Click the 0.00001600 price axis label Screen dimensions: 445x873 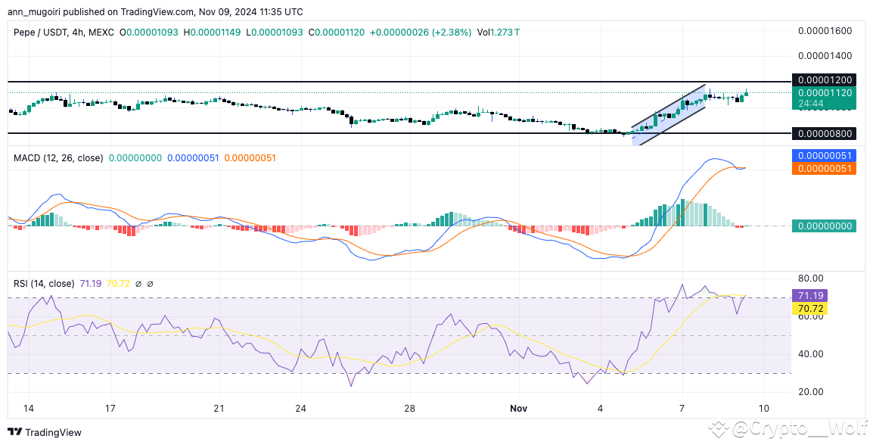tap(825, 31)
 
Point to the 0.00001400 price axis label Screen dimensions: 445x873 tap(825, 56)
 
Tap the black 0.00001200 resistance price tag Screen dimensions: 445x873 tap(824, 80)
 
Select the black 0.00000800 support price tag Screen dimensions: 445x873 tap(824, 134)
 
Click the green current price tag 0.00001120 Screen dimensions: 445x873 tap(824, 93)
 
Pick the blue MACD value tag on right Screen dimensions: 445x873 tap(824, 156)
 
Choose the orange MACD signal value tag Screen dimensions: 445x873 tap(824, 168)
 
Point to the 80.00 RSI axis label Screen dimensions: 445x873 tap(809, 278)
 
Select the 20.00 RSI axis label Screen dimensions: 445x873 tap(809, 391)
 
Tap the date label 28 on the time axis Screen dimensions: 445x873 tap(410, 409)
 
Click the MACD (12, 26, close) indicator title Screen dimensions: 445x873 tap(59, 158)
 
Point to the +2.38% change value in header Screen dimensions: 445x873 tap(452, 33)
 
